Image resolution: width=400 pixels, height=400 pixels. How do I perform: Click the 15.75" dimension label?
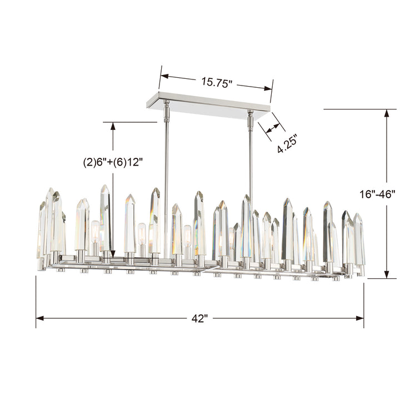coord(216,82)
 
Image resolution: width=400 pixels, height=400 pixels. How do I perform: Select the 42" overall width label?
coord(199,318)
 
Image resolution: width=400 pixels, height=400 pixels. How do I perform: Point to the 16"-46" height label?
coord(376,194)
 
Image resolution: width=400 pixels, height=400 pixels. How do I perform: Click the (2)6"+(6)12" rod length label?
coord(113,162)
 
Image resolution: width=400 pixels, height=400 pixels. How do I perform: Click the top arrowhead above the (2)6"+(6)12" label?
coord(113,126)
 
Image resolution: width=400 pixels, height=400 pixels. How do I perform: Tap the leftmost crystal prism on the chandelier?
coord(42,231)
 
